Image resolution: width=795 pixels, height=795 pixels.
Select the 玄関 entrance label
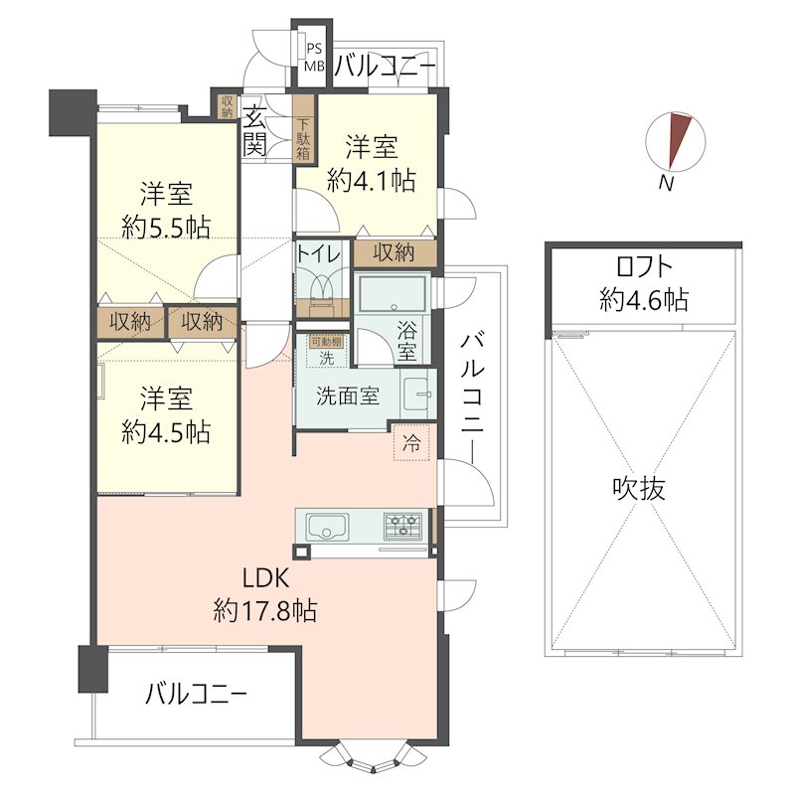click(254, 129)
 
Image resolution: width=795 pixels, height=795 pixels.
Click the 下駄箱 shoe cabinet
click(304, 139)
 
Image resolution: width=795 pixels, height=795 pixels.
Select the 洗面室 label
click(347, 396)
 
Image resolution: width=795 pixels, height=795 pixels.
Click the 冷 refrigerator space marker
click(410, 445)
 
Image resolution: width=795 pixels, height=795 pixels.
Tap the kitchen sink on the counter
click(325, 526)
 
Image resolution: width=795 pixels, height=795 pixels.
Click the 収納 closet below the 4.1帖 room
click(394, 253)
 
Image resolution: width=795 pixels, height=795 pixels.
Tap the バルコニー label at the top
click(384, 67)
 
